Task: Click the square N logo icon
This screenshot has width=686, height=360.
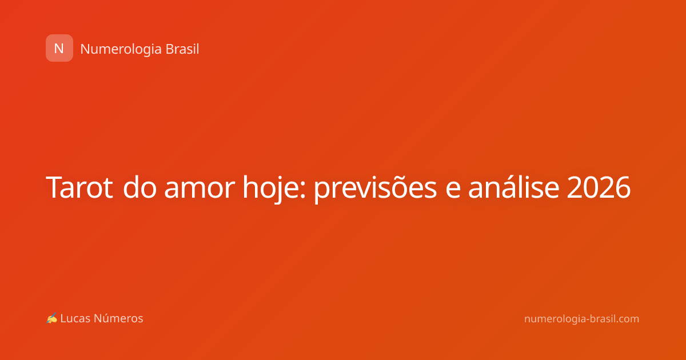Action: pos(59,48)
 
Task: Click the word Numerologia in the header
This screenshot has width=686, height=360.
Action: pos(121,50)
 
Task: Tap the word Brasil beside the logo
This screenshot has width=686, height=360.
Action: pos(182,49)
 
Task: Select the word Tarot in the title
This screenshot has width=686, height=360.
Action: pos(79,187)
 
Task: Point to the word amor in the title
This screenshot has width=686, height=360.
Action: pos(200,190)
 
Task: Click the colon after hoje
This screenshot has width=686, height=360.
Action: pos(303,190)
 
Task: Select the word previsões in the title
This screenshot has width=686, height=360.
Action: pos(375,188)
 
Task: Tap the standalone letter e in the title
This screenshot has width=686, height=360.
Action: pos(453,190)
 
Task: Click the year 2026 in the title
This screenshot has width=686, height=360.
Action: pos(599,187)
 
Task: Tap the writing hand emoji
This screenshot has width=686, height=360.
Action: pos(51,318)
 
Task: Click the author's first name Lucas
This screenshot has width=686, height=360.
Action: pos(75,318)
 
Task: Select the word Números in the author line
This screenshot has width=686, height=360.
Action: pos(118,318)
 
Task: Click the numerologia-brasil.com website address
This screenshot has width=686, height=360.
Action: pos(581,319)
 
